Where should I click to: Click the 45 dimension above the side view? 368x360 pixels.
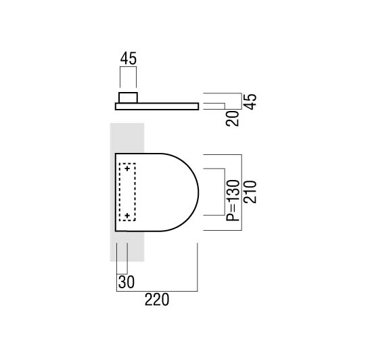point(128,58)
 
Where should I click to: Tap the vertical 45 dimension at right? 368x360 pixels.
point(250,102)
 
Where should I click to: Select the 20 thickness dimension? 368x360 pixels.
point(232,118)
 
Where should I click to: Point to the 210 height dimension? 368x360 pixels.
point(250,192)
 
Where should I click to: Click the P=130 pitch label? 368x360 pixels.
point(233,200)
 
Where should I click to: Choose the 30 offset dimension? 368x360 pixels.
point(127,282)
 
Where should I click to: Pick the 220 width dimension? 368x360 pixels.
point(157,300)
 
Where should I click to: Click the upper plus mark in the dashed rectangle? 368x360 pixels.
point(127,168)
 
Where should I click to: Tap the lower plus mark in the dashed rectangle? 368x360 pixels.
point(127,215)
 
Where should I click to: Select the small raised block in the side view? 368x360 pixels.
point(128,97)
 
